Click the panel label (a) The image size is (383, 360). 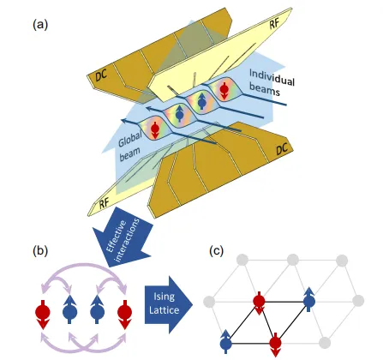click(40, 25)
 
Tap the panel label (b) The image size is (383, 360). click(40, 251)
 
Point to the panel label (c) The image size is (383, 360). click(216, 251)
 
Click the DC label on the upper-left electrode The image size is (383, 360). click(101, 75)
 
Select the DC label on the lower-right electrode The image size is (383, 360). click(283, 149)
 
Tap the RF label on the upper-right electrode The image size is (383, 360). click(274, 24)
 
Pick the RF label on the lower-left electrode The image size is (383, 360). click(104, 203)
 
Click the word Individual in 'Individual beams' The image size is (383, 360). click(272, 77)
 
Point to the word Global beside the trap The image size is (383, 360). click(130, 140)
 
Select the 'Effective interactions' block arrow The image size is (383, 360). click(122, 237)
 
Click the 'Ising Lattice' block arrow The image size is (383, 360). click(169, 304)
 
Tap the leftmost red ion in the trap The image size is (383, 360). click(155, 130)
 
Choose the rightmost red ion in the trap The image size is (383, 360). click(224, 90)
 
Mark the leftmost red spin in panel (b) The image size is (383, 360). click(43, 314)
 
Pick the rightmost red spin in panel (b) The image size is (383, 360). click(125, 314)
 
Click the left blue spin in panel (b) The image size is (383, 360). click(70, 310)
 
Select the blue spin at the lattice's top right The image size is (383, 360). click(309, 300)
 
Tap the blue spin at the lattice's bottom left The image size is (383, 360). click(226, 342)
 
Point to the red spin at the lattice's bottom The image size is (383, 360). click(275, 344)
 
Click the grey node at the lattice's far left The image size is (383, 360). click(209, 302)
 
